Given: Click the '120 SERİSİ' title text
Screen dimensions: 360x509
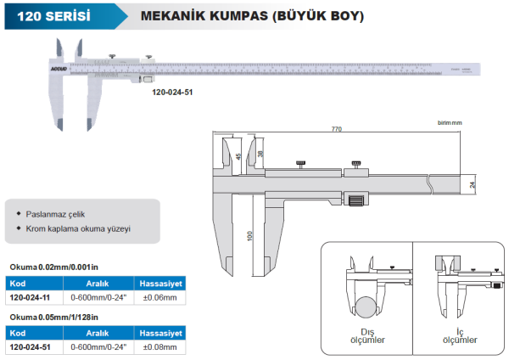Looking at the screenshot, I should click(53, 15).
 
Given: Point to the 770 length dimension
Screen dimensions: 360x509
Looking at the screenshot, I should click(336, 129).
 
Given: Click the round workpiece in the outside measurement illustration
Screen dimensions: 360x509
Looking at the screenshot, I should click(367, 307).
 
